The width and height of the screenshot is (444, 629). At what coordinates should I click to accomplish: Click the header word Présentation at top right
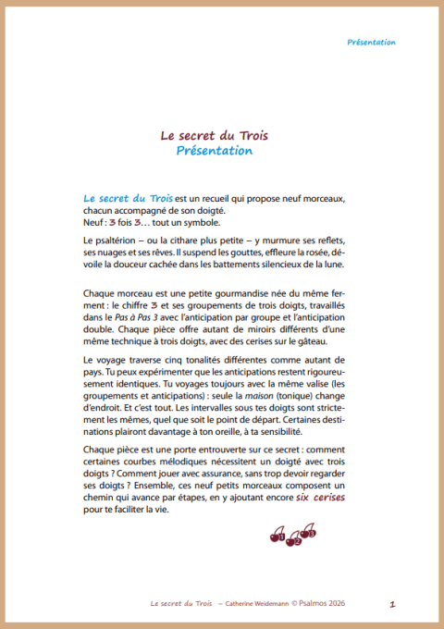tap(372, 43)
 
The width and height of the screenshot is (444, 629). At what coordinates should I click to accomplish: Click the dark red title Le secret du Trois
tap(207, 135)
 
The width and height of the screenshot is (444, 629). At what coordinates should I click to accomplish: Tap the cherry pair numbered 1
tap(278, 535)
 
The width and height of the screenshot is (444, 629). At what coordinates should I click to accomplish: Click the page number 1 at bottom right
tap(393, 604)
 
